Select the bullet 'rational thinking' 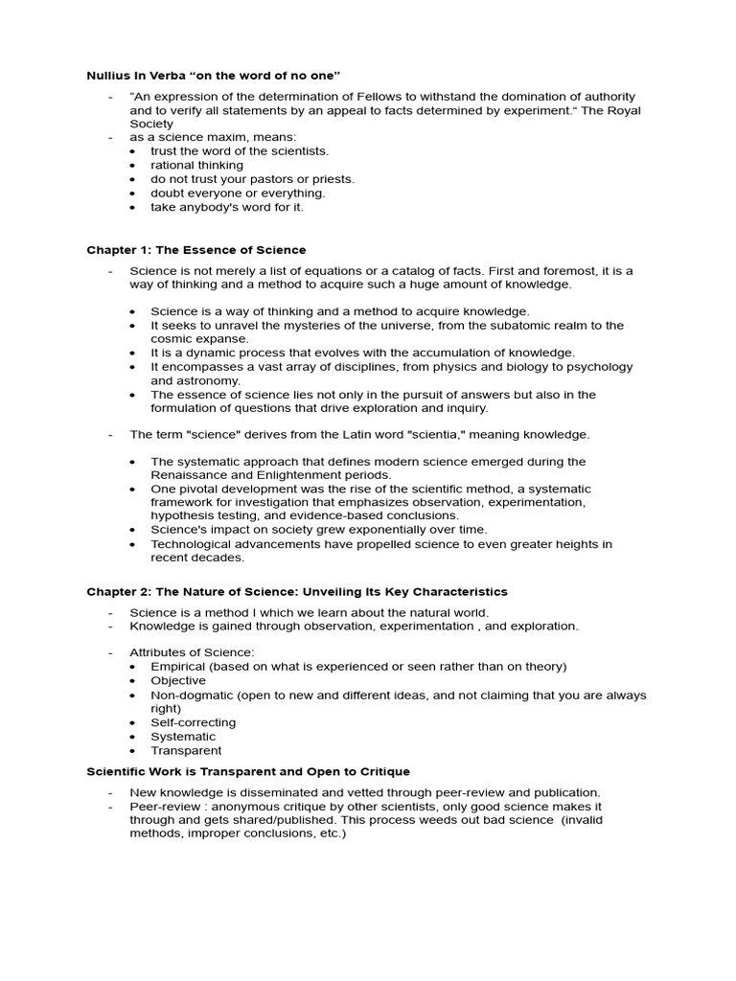click(x=196, y=165)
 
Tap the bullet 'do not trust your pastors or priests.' click(x=252, y=179)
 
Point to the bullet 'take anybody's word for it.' click(x=227, y=206)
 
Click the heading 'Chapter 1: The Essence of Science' click(x=196, y=250)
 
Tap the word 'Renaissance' click(x=188, y=475)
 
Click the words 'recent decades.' click(x=197, y=558)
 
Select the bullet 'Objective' click(x=178, y=680)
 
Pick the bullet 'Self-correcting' click(x=193, y=722)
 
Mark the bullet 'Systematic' click(x=183, y=737)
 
